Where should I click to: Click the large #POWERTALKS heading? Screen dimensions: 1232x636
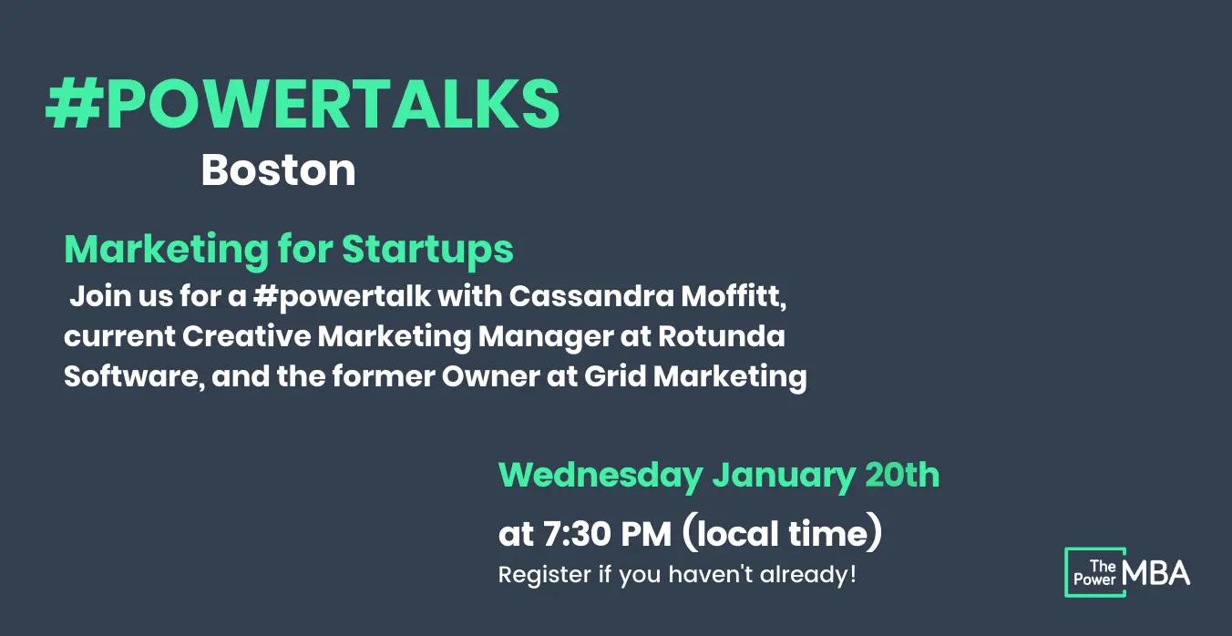(x=303, y=105)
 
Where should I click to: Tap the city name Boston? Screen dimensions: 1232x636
(x=278, y=170)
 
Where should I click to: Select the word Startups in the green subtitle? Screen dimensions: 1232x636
(x=427, y=251)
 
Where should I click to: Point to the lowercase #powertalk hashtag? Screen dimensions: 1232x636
(x=342, y=298)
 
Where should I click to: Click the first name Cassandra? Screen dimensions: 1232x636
(x=591, y=296)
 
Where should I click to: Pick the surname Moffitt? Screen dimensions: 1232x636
(x=734, y=297)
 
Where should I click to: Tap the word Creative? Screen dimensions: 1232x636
(x=246, y=336)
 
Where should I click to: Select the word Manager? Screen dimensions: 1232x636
(x=546, y=338)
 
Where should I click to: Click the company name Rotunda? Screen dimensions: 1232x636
(x=722, y=336)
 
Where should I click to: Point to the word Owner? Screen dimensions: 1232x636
(x=490, y=377)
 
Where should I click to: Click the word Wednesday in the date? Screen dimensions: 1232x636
(x=601, y=477)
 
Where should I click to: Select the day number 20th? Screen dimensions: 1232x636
(x=902, y=475)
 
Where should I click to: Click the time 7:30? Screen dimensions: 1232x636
(x=577, y=534)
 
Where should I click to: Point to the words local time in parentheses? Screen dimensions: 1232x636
(x=782, y=532)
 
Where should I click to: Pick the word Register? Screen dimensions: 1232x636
(x=545, y=576)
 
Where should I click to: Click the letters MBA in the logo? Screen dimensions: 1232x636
(x=1155, y=573)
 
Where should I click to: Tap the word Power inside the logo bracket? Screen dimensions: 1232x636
(x=1094, y=580)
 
